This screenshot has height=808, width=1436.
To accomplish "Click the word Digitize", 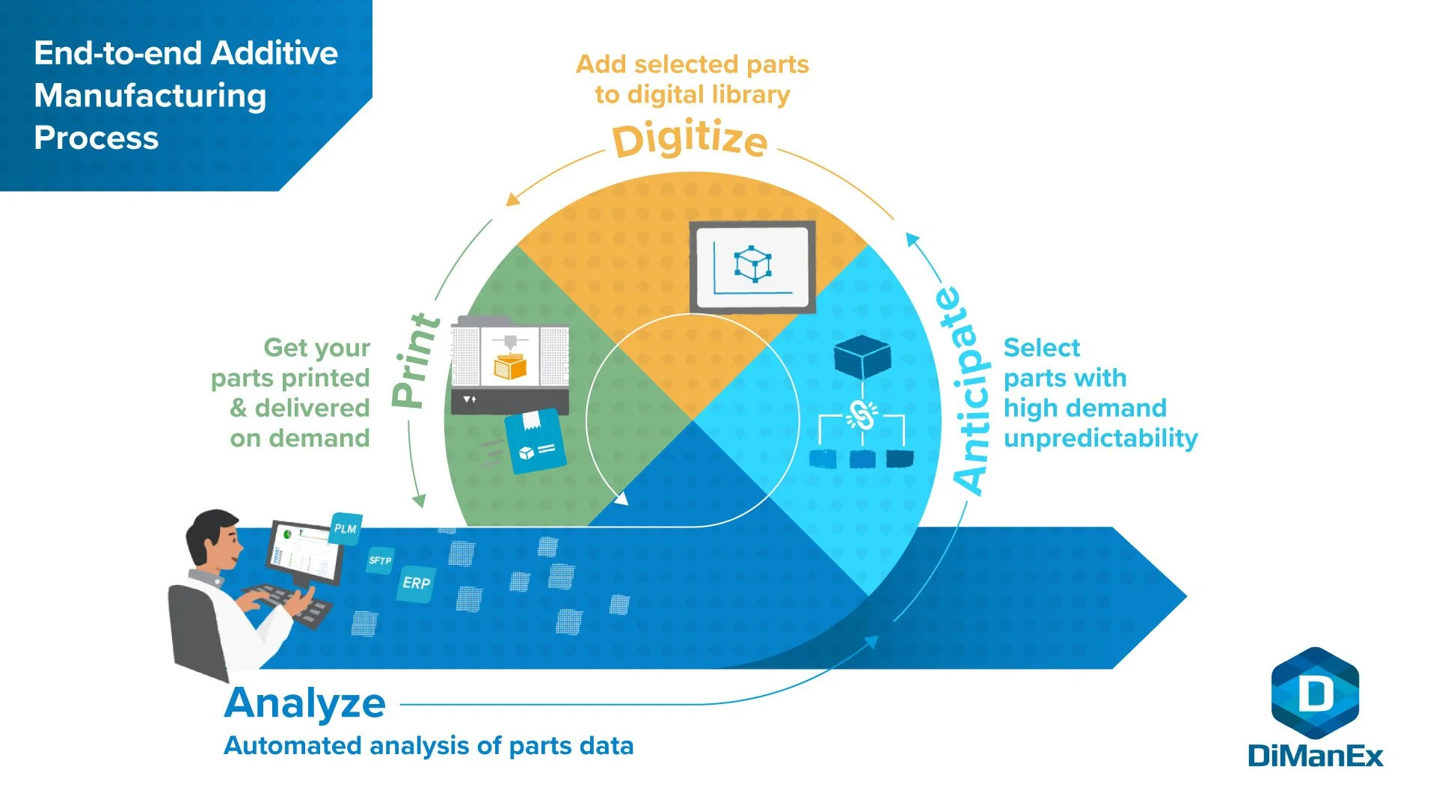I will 690,139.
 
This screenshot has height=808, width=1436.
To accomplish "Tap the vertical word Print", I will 416,361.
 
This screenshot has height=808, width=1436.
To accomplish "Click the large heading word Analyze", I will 304,703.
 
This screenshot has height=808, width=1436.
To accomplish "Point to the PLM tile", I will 346,528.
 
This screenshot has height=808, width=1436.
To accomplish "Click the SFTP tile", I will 380,560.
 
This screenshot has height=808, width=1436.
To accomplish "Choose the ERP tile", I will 416,583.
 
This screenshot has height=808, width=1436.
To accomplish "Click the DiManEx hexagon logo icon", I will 1315,693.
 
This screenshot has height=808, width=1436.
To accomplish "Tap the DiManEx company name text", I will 1315,756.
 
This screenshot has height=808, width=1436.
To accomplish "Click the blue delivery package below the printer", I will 535,443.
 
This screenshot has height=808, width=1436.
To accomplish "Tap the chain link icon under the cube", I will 862,415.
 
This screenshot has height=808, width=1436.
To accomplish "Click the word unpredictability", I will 1100,438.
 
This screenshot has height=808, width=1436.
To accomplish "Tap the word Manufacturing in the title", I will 150,96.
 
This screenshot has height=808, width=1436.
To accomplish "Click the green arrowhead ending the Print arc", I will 420,500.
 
